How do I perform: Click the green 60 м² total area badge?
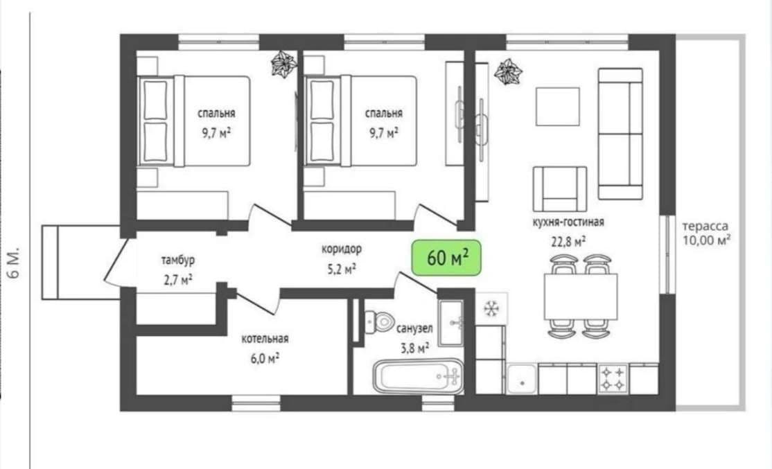[x=446, y=258]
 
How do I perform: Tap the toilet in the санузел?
[x=378, y=321]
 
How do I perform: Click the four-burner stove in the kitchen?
[x=613, y=379]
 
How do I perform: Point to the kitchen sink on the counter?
[x=522, y=379]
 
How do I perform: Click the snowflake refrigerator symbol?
[x=491, y=308]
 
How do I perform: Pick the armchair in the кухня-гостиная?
[x=560, y=189]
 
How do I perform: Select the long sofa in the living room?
[x=620, y=134]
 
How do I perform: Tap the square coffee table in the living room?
[x=558, y=106]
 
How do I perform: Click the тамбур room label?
[x=177, y=260]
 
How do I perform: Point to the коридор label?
[x=341, y=249]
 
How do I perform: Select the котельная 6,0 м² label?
[x=265, y=348]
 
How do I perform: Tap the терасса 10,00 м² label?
[x=705, y=233]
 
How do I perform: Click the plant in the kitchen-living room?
[x=507, y=72]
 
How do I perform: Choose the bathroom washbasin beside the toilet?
[x=451, y=323]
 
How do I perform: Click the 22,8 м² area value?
[x=568, y=242]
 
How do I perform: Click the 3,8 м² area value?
[x=414, y=348]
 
